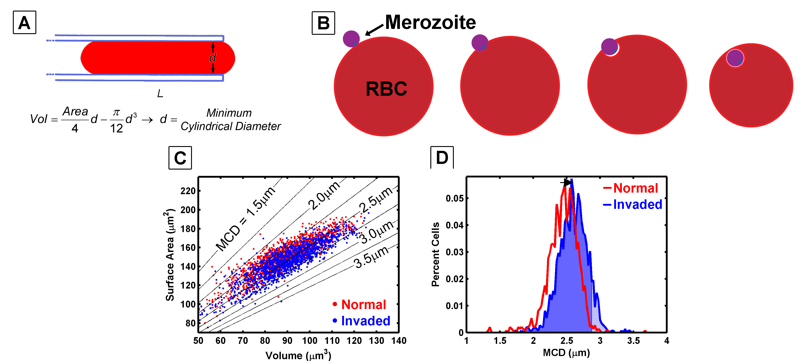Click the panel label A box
tap(24, 22)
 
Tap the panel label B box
tap(323, 23)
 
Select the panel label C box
tap(180, 158)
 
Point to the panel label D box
tap(442, 157)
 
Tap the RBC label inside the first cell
tap(386, 89)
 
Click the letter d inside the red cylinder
tap(212, 58)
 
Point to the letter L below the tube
tap(160, 93)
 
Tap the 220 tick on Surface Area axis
tap(188, 191)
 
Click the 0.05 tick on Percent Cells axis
tap(454, 198)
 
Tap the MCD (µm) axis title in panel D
tap(566, 352)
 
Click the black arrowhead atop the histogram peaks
tap(568, 182)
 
